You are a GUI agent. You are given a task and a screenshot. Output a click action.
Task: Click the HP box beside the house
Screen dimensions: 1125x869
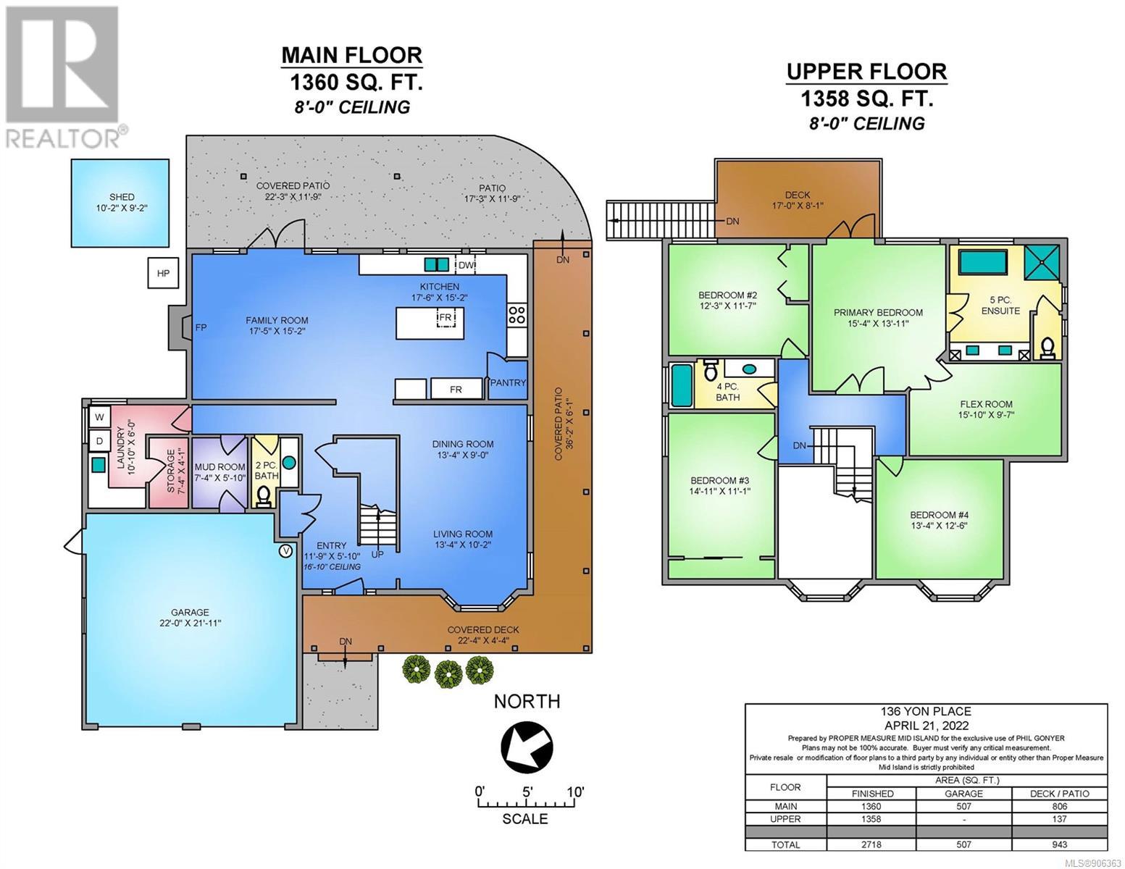click(x=163, y=273)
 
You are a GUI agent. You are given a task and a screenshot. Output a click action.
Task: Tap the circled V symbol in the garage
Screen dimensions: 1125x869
click(x=285, y=550)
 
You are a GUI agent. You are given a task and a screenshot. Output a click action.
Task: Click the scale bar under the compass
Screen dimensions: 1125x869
click(x=526, y=803)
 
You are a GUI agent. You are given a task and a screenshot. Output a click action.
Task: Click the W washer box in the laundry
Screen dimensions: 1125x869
click(x=99, y=416)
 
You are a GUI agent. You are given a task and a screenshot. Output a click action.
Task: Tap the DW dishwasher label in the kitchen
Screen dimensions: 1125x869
click(x=466, y=266)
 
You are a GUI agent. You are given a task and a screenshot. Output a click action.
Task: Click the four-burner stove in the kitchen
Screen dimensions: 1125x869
click(x=517, y=314)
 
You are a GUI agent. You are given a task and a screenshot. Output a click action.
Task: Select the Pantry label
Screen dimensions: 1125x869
click(x=508, y=382)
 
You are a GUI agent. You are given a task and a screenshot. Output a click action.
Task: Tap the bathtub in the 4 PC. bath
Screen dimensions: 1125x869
click(x=682, y=385)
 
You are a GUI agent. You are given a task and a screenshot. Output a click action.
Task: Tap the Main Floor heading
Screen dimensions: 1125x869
click(x=351, y=55)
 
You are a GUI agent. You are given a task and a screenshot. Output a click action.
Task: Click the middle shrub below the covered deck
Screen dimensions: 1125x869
click(x=448, y=673)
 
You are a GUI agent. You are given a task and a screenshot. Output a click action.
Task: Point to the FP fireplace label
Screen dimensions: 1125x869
click(x=201, y=327)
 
